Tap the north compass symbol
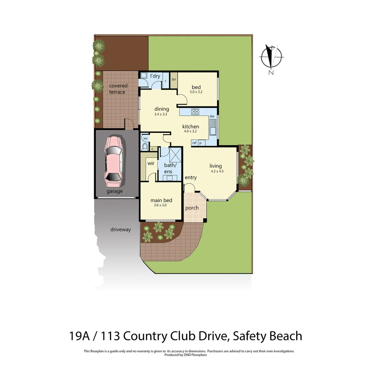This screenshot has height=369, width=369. [271, 57]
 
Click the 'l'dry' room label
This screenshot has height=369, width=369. [155, 76]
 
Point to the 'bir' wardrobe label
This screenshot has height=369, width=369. [174, 79]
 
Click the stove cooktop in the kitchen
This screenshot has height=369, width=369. [195, 111]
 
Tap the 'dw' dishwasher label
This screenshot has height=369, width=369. [212, 117]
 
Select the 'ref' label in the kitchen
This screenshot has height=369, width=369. [194, 143]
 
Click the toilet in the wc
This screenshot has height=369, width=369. [145, 147]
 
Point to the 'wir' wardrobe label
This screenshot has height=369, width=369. [151, 163]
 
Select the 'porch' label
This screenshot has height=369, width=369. [192, 208]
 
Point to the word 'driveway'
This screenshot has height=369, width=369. [120, 230]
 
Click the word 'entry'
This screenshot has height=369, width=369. [191, 177]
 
